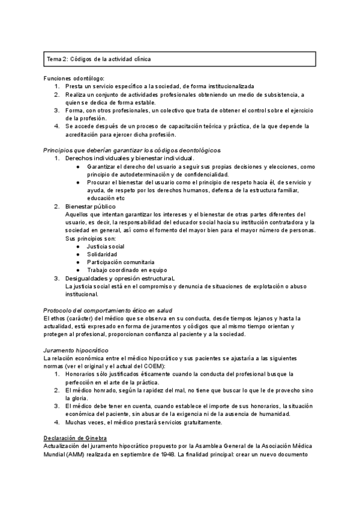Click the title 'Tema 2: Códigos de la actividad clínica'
point(99,59)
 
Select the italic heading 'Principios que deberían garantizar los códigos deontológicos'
point(133,149)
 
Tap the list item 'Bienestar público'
point(90,206)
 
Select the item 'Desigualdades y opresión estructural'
point(120,279)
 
